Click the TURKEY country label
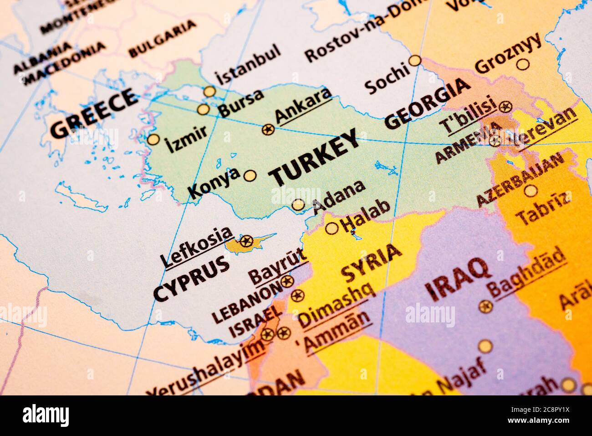click(314, 158)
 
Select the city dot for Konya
click(250, 176)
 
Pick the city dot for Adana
click(298, 205)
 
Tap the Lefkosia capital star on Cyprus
click(246, 240)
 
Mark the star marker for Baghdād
click(486, 306)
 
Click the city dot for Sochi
click(414, 60)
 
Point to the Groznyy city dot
click(524, 64)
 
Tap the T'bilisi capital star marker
click(504, 107)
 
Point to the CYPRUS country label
click(191, 279)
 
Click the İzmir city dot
click(153, 139)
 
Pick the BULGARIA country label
click(163, 38)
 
